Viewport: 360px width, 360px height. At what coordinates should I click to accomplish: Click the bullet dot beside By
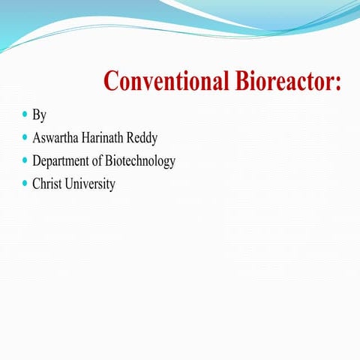click(25, 115)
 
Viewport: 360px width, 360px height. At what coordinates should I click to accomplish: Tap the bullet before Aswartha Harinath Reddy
click(25, 138)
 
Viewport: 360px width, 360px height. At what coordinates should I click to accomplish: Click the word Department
click(64, 162)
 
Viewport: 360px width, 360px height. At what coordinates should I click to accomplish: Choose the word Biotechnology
click(145, 162)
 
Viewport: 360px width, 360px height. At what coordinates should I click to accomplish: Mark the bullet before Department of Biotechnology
click(25, 160)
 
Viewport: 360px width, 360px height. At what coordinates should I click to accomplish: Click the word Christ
click(46, 184)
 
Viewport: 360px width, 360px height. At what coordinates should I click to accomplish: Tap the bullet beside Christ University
click(25, 183)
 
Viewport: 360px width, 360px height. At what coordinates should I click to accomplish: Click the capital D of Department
click(37, 161)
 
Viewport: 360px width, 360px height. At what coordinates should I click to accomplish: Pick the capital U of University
click(69, 184)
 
